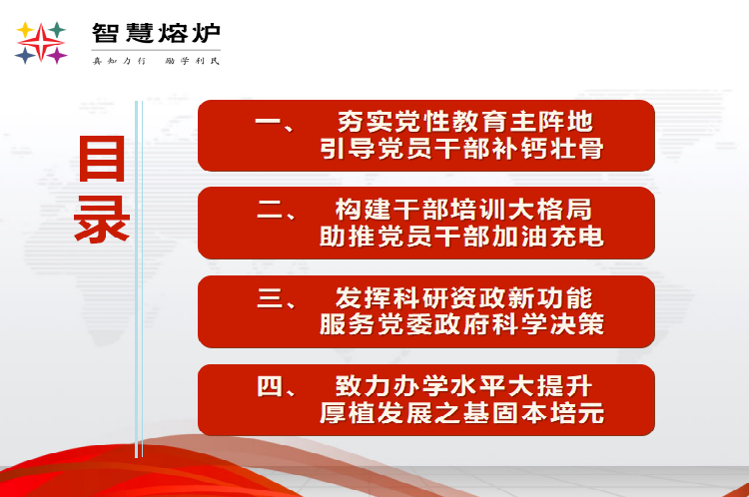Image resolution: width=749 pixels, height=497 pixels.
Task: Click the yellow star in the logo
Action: (25, 30)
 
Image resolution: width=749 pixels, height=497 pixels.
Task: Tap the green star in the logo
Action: (57, 30)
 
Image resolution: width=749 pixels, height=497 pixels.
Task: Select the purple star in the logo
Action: (57, 55)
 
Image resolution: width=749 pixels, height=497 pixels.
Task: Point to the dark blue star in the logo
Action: (25, 55)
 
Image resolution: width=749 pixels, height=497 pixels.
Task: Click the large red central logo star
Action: (41, 43)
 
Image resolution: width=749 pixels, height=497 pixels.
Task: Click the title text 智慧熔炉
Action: (156, 33)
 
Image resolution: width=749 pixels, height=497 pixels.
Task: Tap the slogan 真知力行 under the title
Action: (119, 61)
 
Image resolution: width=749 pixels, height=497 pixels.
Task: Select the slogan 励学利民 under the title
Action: (192, 61)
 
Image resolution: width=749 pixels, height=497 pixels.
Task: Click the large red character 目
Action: (102, 159)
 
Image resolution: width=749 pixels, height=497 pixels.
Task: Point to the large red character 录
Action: (102, 220)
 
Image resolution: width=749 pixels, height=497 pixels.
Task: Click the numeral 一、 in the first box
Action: (275, 124)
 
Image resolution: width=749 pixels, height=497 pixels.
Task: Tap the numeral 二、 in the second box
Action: (277, 210)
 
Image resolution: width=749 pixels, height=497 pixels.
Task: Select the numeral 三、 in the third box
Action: (277, 298)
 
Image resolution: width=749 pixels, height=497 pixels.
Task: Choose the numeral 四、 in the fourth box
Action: (277, 386)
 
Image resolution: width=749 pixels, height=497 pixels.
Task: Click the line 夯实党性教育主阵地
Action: (465, 122)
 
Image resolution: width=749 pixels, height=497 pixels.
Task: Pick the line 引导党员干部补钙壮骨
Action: (461, 149)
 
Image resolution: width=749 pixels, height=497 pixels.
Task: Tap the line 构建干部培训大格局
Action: (463, 210)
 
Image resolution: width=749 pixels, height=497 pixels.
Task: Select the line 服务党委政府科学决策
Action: (461, 324)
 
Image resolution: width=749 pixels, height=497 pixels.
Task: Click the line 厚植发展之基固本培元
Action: (461, 413)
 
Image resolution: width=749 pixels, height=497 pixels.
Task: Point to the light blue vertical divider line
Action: (139, 279)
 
